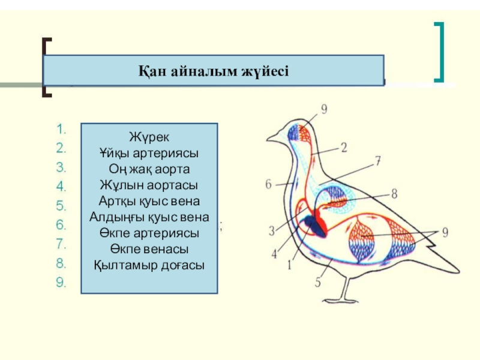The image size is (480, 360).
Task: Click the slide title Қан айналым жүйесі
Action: coord(214,71)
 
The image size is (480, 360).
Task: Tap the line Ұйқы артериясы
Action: coord(149,153)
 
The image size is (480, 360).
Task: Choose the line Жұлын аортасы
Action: coord(149,185)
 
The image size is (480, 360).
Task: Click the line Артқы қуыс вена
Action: coord(149,201)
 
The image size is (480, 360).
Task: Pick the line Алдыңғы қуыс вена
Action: coord(149,217)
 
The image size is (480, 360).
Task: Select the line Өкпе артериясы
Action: coord(149,232)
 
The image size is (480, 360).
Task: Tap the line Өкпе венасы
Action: coord(149,248)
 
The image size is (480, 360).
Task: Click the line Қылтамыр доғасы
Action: coord(149,264)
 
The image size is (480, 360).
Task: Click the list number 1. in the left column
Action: coord(62,128)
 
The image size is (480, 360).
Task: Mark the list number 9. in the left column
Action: coord(62,283)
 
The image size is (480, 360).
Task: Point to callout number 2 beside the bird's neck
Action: coord(345,147)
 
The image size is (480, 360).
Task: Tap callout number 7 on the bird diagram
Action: coord(378,161)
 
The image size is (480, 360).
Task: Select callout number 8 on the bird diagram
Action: coord(394,193)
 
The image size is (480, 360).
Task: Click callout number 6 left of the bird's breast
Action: coord(269,184)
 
